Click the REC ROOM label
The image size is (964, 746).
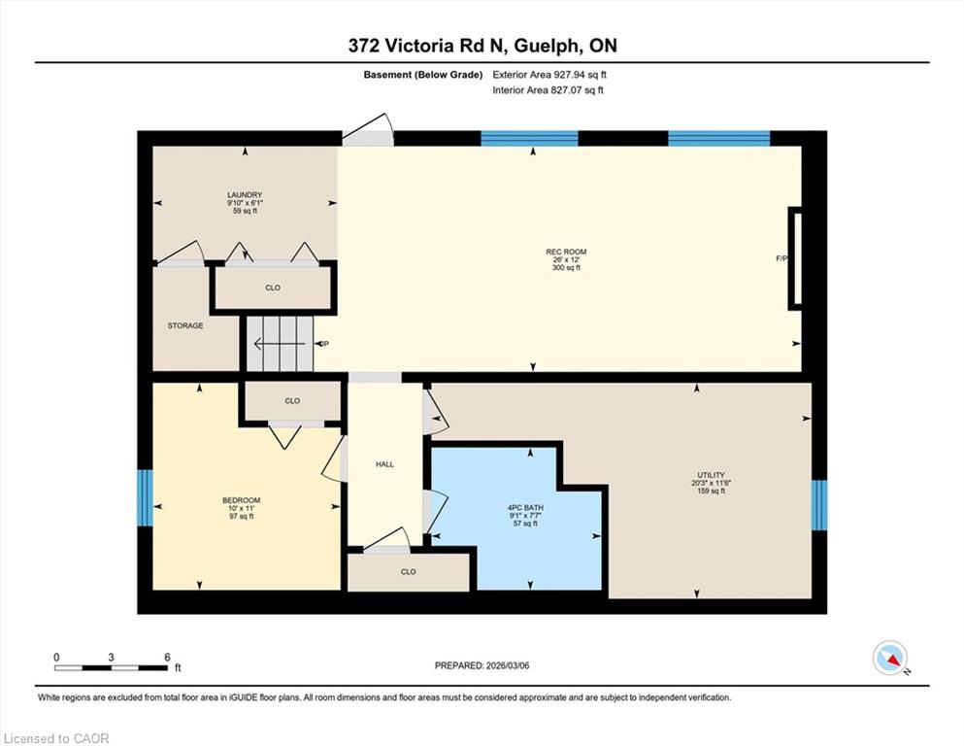point(566,252)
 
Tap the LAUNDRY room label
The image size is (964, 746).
point(245,195)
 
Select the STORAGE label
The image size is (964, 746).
point(185,325)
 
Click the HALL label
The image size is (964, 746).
point(384,464)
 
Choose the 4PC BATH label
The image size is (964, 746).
point(525,508)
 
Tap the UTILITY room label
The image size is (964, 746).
point(711,475)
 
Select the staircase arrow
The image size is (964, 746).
point(280,344)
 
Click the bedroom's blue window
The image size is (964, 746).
point(145,497)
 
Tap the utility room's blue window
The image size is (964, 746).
point(819,505)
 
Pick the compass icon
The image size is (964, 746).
point(889,658)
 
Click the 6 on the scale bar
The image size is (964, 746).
point(167,658)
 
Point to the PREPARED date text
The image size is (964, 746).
point(482,665)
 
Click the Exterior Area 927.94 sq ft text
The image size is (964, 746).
point(549,75)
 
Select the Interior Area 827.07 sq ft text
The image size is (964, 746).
point(548,89)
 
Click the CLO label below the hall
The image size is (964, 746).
point(409,571)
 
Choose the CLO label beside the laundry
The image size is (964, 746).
point(273,288)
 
